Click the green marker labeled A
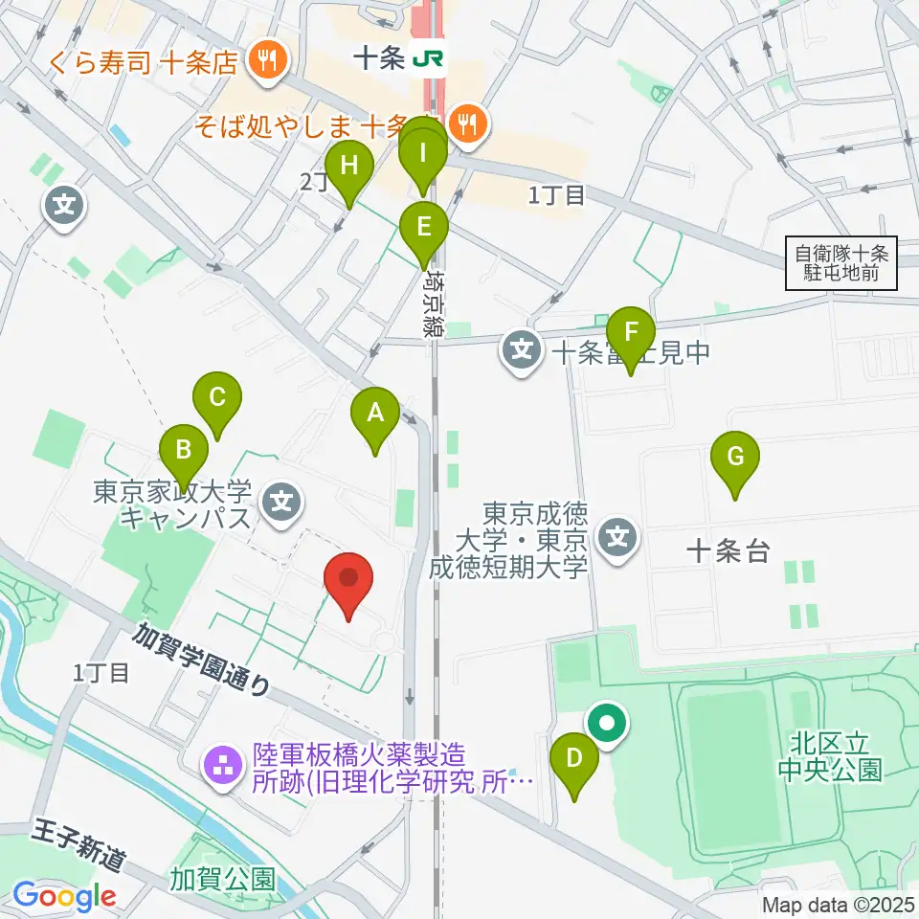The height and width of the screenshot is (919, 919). click(x=375, y=415)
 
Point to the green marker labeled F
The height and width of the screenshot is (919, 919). click(x=630, y=334)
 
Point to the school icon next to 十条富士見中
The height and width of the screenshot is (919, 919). click(x=522, y=352)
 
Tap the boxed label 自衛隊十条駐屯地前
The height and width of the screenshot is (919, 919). click(x=842, y=264)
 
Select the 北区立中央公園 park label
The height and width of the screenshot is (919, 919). click(x=830, y=757)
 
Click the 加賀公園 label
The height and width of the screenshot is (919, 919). click(x=223, y=877)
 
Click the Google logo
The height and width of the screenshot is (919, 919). click(x=64, y=897)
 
